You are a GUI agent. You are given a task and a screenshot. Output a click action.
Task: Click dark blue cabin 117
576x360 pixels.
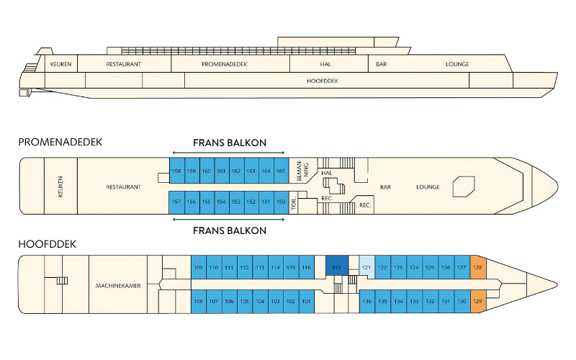tap(337, 267)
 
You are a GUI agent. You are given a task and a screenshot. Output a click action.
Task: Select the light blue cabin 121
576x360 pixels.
tap(366, 267)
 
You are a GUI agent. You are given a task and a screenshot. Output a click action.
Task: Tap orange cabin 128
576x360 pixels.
tap(478, 267)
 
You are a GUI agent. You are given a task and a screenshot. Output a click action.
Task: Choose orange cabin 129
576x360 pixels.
tap(478, 301)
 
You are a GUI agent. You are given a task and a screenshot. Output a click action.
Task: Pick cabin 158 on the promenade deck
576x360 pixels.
tap(176, 171)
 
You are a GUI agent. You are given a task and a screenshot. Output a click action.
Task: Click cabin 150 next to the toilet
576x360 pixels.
tap(281, 202)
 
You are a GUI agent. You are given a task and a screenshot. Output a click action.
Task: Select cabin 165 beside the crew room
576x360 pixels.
tap(281, 171)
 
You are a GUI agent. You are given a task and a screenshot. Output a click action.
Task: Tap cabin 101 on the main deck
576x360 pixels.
tap(307, 301)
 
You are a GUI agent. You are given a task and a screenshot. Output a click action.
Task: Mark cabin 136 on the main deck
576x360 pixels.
tap(367, 301)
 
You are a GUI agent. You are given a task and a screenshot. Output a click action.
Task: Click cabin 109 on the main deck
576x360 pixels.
tap(199, 267)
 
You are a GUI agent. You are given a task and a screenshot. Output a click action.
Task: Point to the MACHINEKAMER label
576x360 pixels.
tap(118, 285)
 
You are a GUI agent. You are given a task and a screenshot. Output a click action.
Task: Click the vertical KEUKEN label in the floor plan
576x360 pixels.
tap(60, 186)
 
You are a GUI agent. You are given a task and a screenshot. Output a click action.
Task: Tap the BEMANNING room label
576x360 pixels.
tap(302, 171)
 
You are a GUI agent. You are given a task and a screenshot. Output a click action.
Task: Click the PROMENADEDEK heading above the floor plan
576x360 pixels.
tap(60, 142)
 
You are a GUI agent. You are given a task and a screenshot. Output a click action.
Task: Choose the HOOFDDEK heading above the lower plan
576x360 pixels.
tap(47, 244)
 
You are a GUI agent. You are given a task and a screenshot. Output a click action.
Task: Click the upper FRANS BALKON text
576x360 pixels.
tap(230, 143)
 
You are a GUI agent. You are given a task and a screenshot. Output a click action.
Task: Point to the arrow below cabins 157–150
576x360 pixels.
tap(228, 220)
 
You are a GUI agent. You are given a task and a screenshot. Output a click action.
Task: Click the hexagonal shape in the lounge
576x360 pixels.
tap(464, 186)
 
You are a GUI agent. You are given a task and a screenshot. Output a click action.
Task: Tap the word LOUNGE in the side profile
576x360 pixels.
tap(457, 64)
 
